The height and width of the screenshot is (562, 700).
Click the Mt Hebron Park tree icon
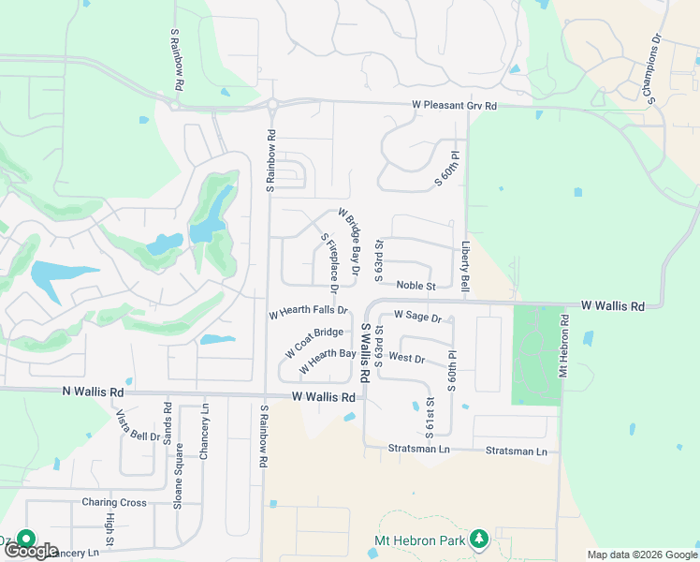pos(479,539)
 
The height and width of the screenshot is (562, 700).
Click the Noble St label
pos(416,286)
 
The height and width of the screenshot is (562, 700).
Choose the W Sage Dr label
pos(417,317)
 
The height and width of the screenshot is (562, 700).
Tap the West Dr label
pos(406,358)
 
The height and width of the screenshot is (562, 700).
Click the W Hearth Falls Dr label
pos(308,310)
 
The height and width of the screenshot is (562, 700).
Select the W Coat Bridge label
pos(314,343)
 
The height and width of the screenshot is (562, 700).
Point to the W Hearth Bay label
pos(327,361)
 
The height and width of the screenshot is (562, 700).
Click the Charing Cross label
pos(114,503)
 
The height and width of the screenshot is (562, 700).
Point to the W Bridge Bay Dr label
pos(349,241)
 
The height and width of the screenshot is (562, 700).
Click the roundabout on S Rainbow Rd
pos(271,105)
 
